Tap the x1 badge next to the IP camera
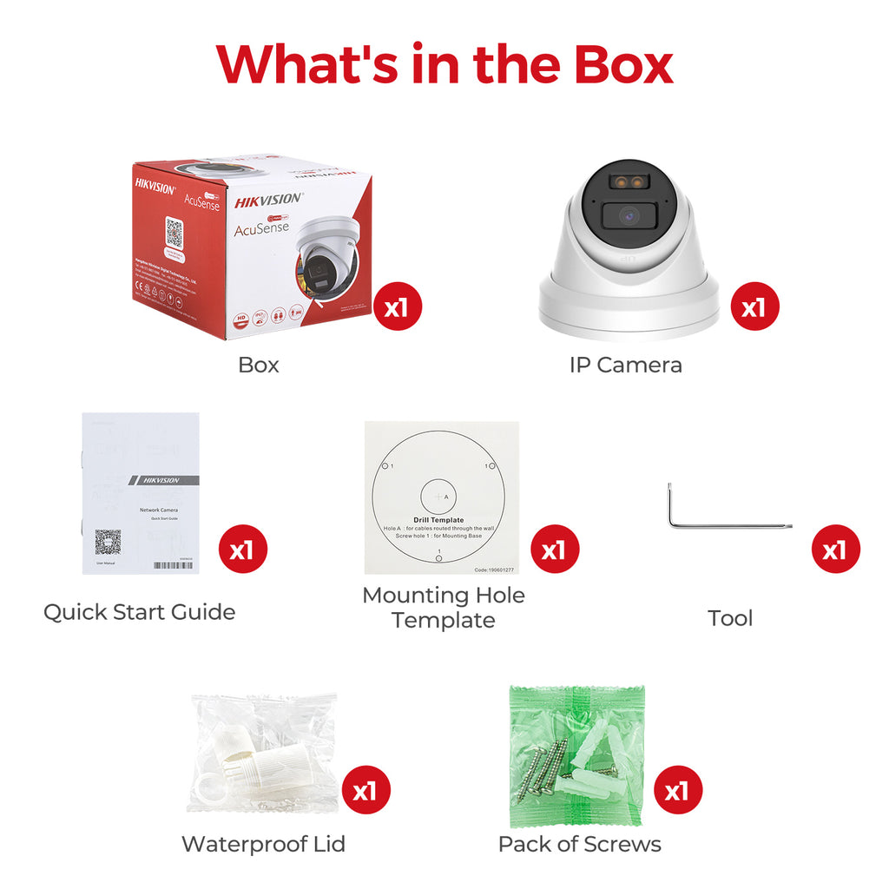pyautogui.click(x=754, y=306)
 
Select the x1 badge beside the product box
pyautogui.click(x=398, y=306)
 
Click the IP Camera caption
pyautogui.click(x=625, y=365)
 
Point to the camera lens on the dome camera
pyautogui.click(x=629, y=216)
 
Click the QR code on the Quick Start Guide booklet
pyautogui.click(x=108, y=542)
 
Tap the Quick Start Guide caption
pyautogui.click(x=139, y=612)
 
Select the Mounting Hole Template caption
pyautogui.click(x=443, y=608)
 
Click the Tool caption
pyautogui.click(x=730, y=618)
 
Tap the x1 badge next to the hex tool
pyautogui.click(x=835, y=550)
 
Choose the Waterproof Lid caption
pyautogui.click(x=263, y=843)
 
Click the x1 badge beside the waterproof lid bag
pyautogui.click(x=365, y=790)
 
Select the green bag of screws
pyautogui.click(x=576, y=754)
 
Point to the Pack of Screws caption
pyautogui.click(x=579, y=843)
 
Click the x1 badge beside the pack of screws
pyautogui.click(x=677, y=790)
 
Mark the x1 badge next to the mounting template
pyautogui.click(x=554, y=550)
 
